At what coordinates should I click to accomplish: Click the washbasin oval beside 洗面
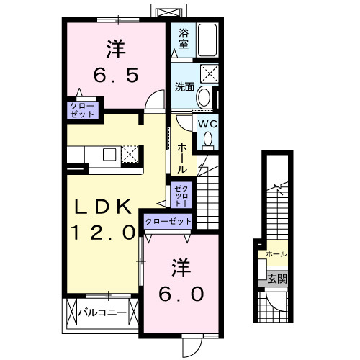[204, 97]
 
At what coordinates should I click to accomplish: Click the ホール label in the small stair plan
[276, 254]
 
